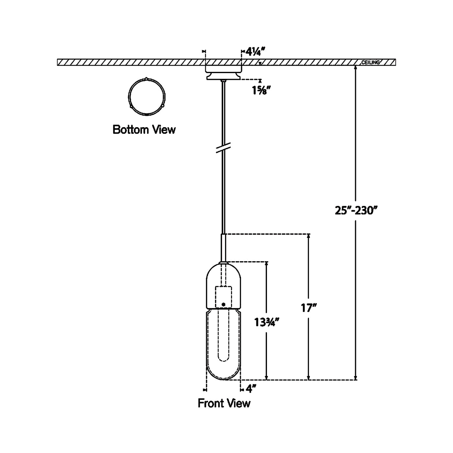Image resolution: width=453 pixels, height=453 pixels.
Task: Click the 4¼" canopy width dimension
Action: coord(256,52)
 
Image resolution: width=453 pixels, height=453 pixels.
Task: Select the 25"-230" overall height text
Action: coord(356,211)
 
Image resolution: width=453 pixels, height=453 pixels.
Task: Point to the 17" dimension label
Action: coord(308,308)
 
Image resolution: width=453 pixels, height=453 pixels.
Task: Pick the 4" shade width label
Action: coord(251,389)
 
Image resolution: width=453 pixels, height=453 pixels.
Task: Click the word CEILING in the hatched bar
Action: coord(370,62)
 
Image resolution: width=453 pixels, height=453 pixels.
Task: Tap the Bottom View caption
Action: coord(144,130)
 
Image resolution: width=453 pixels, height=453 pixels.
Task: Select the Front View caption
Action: coord(224,403)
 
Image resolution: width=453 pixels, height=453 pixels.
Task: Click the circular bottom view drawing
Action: coord(147,96)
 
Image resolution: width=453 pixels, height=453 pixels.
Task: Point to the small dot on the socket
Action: coord(223,304)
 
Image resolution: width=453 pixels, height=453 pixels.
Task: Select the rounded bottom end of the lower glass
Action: coord(223,375)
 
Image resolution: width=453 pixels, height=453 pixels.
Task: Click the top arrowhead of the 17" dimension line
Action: coord(308,236)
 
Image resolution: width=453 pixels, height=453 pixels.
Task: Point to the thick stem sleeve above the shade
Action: coord(223,248)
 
